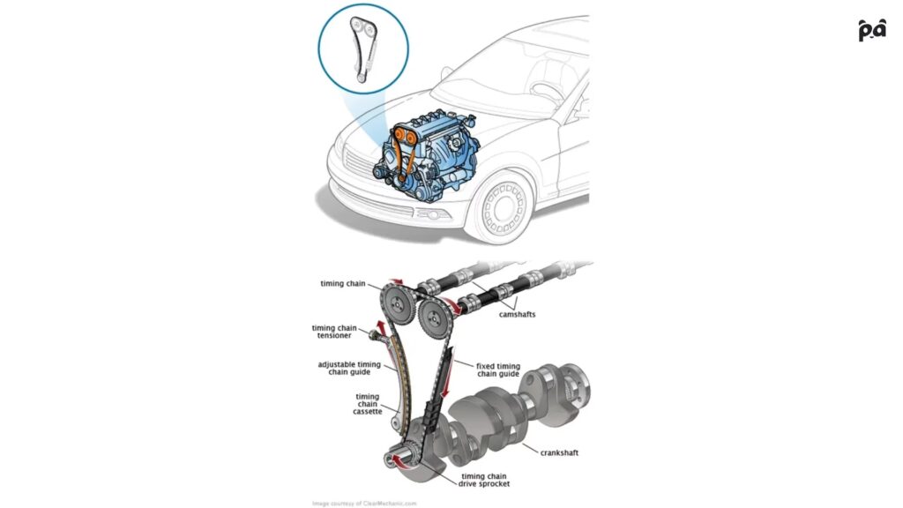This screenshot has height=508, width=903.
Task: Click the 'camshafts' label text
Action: pyautogui.click(x=518, y=314)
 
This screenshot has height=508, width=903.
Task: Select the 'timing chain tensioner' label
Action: pyautogui.click(x=334, y=332)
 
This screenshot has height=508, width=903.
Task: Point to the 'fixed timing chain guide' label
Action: pyautogui.click(x=498, y=370)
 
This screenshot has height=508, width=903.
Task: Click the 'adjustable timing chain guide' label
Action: pyautogui.click(x=349, y=368)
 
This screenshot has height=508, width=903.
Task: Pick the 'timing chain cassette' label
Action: pyautogui.click(x=368, y=407)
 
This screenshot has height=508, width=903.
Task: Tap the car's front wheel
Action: pyautogui.click(x=499, y=207)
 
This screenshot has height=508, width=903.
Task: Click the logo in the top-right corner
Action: pyautogui.click(x=871, y=30)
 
